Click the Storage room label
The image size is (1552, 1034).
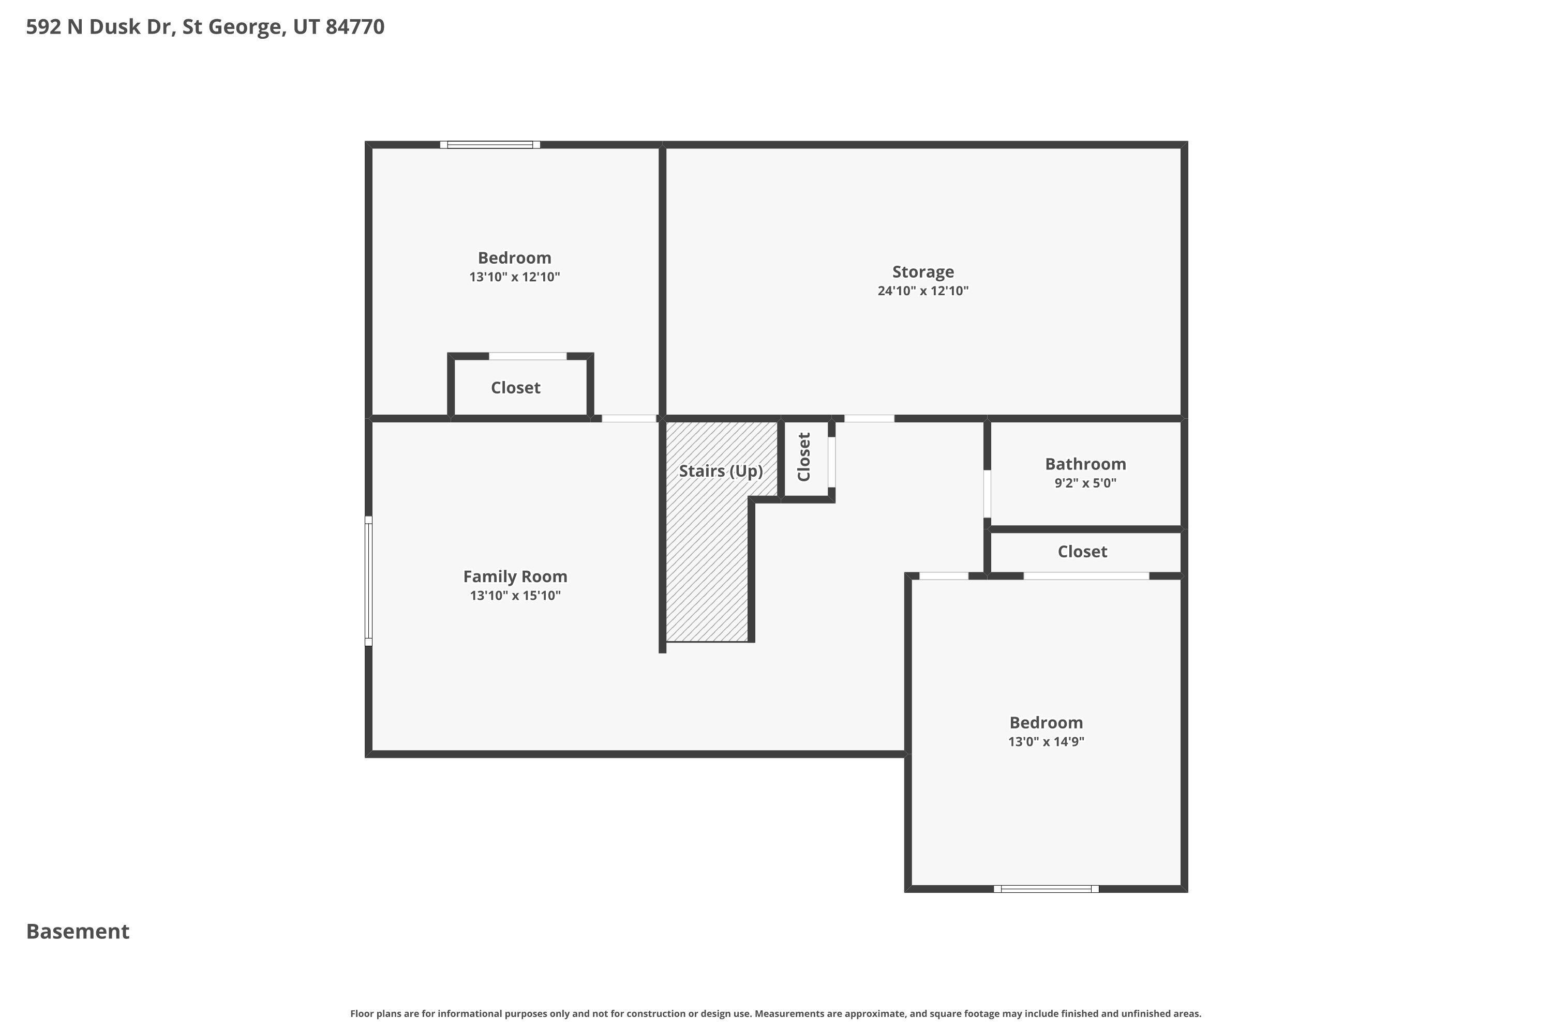coord(922,272)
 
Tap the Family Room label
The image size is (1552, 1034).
coord(515,576)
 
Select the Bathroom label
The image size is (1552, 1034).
coord(1085,464)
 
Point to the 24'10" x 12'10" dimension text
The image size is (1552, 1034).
coord(922,291)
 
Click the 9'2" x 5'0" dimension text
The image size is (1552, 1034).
coord(1085,483)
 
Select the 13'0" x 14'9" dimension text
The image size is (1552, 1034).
coord(1046,741)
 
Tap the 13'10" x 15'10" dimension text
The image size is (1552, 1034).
coord(515,596)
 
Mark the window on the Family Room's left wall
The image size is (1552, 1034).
coord(369,580)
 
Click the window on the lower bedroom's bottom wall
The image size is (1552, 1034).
coord(1046,888)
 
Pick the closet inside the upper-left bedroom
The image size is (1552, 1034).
coord(515,388)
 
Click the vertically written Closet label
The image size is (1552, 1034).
coord(804,457)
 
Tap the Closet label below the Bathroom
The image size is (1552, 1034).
coord(1082,551)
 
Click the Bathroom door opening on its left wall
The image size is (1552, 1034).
coord(987,493)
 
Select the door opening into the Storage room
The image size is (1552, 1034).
coord(869,418)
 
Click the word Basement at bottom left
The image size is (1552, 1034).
coord(78,931)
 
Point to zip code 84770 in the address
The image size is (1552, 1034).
coord(355,26)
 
